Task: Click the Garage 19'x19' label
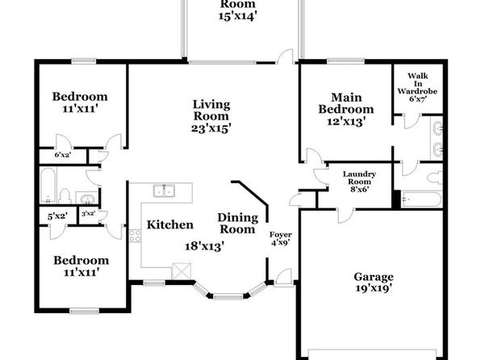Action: (374, 283)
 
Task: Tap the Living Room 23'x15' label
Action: (211, 116)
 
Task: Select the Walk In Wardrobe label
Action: (417, 83)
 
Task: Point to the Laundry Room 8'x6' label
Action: (359, 182)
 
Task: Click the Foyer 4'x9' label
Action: (280, 239)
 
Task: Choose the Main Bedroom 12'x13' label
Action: (346, 109)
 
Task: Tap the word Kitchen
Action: (170, 224)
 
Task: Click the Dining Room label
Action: (238, 224)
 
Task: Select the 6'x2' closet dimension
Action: (63, 155)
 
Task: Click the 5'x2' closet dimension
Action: (57, 216)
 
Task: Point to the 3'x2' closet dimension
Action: (88, 213)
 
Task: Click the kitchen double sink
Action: (164, 190)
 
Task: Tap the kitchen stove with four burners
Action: (135, 236)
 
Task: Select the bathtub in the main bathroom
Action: (422, 199)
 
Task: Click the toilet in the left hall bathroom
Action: (65, 196)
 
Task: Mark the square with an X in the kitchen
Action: (182, 271)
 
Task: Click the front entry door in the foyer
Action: (282, 278)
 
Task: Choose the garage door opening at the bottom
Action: (372, 354)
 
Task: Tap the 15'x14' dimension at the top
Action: (237, 15)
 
